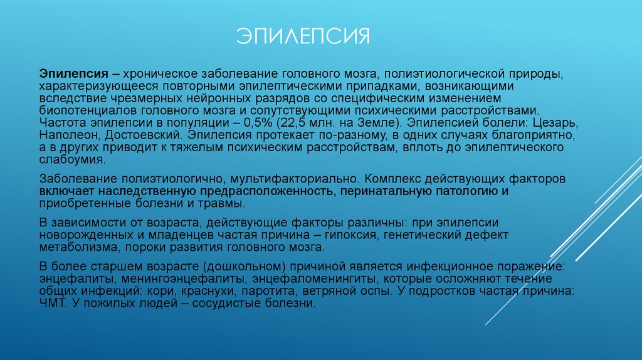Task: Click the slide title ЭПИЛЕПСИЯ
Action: [x=303, y=36]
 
